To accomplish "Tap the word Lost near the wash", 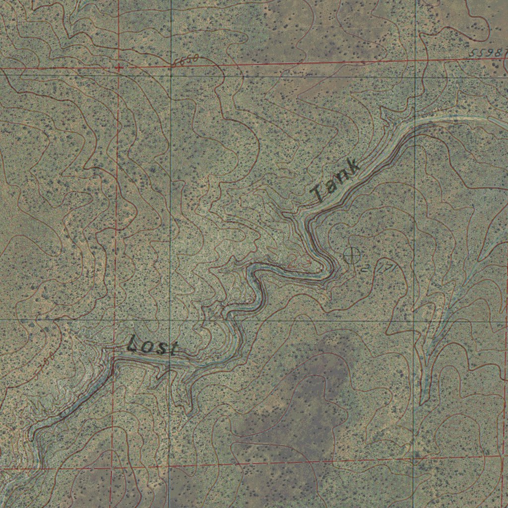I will tap(152, 346).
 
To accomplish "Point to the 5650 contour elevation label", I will tap(186, 61).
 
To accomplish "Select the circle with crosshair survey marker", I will tap(352, 255).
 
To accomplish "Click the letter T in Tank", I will tap(318, 192).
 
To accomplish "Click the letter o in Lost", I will tap(147, 347).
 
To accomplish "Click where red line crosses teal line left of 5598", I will tap(415, 61).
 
